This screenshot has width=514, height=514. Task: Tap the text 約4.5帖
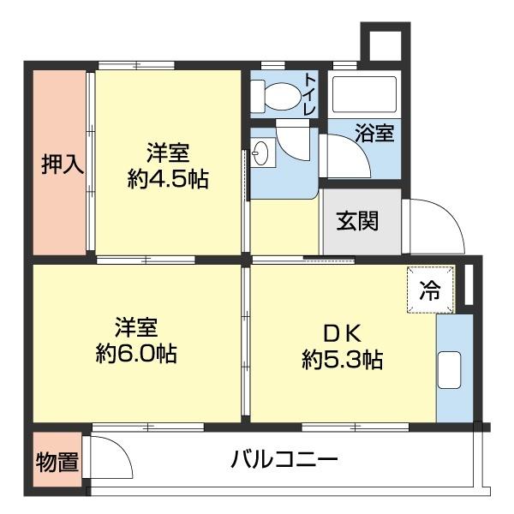coord(168,180)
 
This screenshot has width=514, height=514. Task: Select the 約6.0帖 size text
coord(136,353)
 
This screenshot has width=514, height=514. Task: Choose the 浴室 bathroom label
coord(375,134)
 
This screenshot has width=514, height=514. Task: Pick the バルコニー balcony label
coord(284,460)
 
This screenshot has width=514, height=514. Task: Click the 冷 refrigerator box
coord(427,290)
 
